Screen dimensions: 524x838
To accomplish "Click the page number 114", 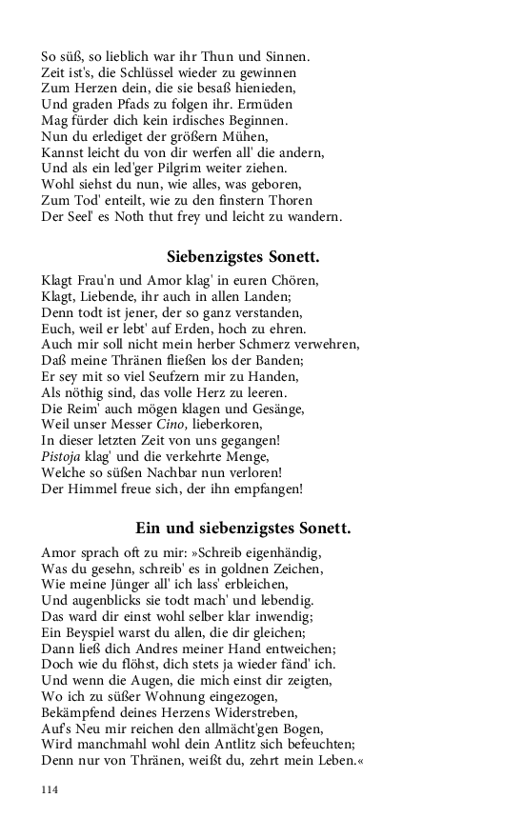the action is (x=50, y=789).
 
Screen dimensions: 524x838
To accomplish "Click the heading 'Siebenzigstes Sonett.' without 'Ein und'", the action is (x=242, y=256).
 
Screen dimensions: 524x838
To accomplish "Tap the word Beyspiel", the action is (x=85, y=632).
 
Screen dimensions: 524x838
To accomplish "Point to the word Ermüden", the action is (x=267, y=103).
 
